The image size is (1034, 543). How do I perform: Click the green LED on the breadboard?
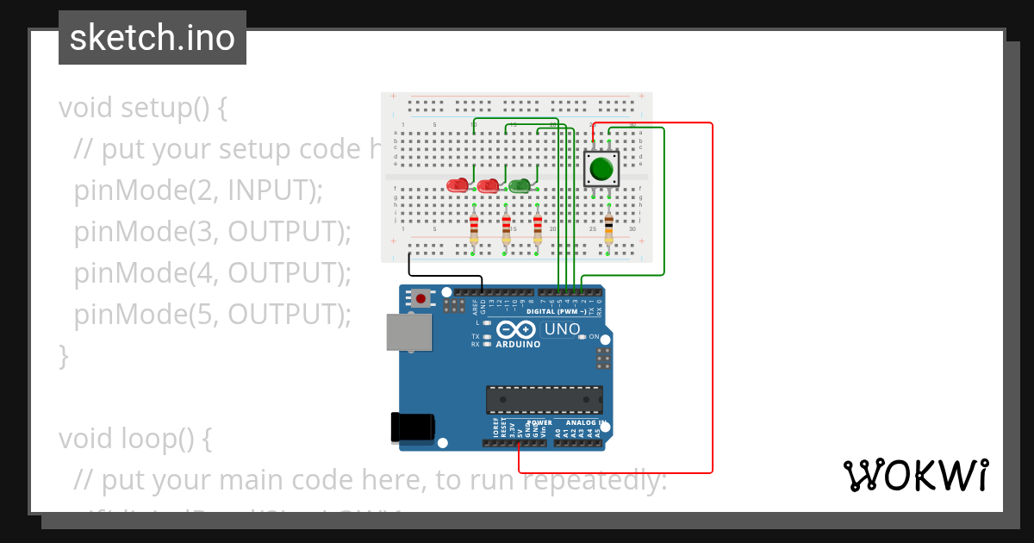[520, 185]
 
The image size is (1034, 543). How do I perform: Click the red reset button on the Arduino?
[420, 298]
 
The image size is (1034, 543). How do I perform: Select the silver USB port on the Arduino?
[408, 332]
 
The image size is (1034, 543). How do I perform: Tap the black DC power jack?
[412, 428]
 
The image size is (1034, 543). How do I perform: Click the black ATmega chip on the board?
[544, 400]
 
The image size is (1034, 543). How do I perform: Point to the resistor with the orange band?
[608, 228]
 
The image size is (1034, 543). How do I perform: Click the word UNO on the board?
[562, 329]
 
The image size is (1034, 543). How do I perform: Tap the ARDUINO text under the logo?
[518, 344]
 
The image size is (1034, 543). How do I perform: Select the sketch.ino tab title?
[153, 38]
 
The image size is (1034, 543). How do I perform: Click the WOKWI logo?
[915, 475]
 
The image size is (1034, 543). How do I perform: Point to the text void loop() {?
[134, 438]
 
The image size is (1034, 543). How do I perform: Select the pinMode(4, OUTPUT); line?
[213, 272]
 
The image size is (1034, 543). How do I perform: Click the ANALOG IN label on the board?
[585, 423]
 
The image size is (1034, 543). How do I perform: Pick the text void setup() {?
[142, 108]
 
